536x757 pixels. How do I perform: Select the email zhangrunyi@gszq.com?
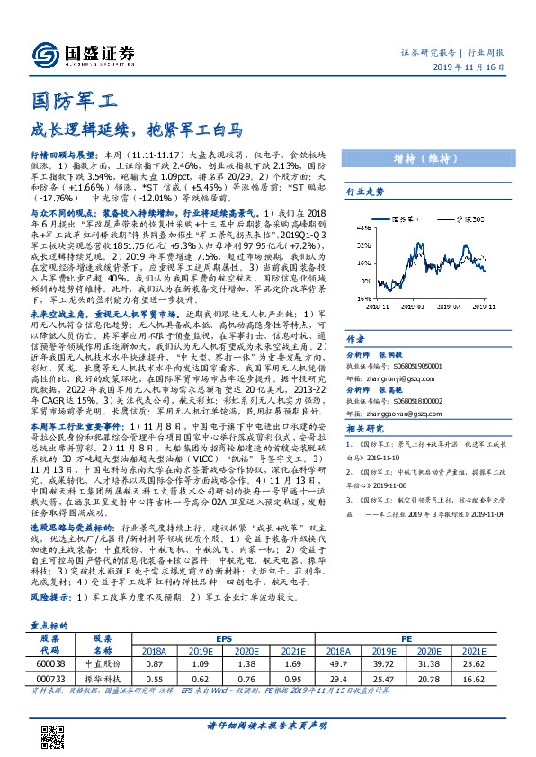[391, 367]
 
